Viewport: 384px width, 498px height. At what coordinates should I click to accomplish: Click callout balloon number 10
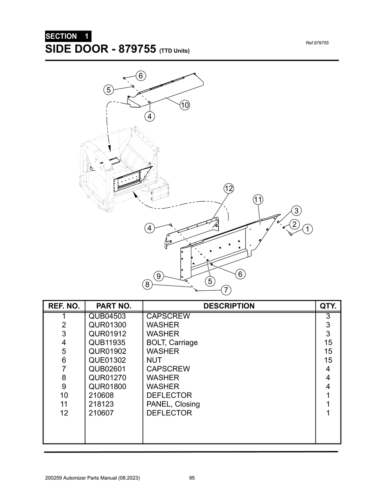point(184,105)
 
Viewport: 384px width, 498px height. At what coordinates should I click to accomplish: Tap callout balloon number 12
point(229,188)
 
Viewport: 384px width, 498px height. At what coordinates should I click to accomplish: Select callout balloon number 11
point(258,199)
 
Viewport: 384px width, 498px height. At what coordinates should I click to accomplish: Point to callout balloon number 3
point(296,210)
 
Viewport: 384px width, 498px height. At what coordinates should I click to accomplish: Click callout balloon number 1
point(307,229)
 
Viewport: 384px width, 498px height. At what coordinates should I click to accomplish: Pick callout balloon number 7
point(226,290)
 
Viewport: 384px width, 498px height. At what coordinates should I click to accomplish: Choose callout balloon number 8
point(147,285)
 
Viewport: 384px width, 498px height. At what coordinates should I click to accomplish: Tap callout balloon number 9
point(159,276)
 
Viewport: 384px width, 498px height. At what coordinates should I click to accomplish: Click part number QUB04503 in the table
point(107,316)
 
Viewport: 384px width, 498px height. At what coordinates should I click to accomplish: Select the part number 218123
point(101,404)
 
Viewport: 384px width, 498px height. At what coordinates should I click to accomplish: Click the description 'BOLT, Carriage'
point(172,343)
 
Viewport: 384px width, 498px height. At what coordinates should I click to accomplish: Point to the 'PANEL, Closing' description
point(173,404)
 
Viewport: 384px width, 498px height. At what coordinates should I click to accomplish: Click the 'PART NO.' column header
point(114,306)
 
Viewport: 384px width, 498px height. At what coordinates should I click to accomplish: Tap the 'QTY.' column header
point(328,306)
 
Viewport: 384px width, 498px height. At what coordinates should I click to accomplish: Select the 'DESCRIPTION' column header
point(229,306)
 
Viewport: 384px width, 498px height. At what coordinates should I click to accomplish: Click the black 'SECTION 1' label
point(67,36)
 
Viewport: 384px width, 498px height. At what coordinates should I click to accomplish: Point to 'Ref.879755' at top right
point(317,43)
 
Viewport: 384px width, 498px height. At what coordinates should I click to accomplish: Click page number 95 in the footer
point(192,478)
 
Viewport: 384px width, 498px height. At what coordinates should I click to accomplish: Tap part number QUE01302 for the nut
point(107,360)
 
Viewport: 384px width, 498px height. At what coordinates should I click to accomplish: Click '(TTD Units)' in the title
point(174,51)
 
